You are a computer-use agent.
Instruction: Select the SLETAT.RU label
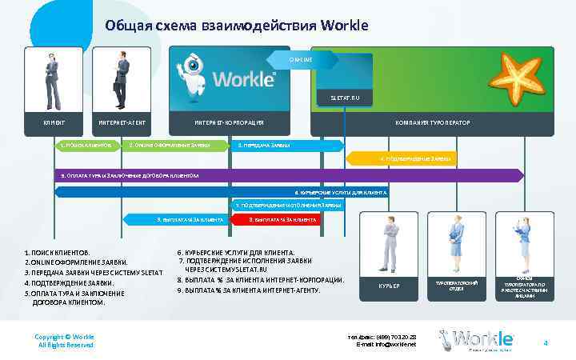click(x=345, y=98)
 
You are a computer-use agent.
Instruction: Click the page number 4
click(x=545, y=343)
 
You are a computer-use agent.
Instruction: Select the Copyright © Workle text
click(x=66, y=337)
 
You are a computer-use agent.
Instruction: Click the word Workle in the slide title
click(x=344, y=25)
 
